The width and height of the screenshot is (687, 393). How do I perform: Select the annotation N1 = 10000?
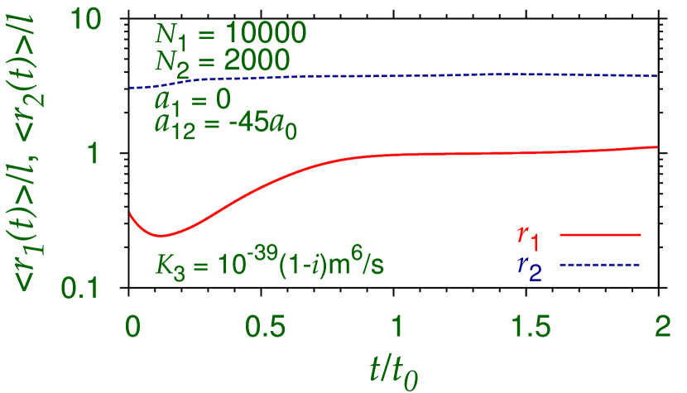click(230, 35)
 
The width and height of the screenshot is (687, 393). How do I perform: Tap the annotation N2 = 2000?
click(222, 61)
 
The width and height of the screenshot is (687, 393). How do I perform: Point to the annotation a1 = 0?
click(191, 102)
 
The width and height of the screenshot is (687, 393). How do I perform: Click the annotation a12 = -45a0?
click(217, 128)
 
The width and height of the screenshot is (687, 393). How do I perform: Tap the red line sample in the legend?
click(600, 235)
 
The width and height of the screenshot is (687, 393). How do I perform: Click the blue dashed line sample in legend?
click(600, 264)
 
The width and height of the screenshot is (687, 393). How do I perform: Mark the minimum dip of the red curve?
click(161, 234)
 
